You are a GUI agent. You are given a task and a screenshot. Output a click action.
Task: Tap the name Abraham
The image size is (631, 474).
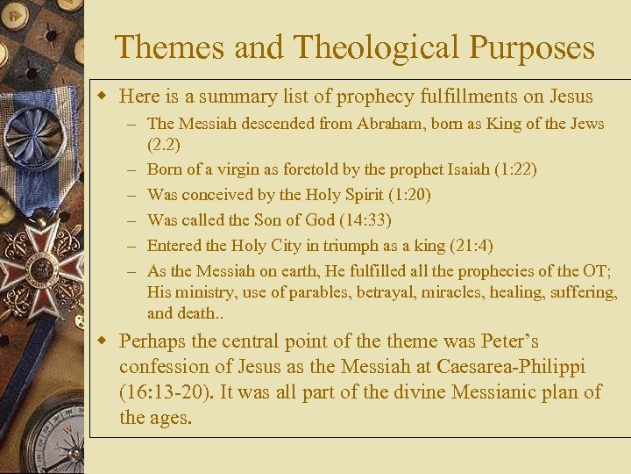coord(393,124)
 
